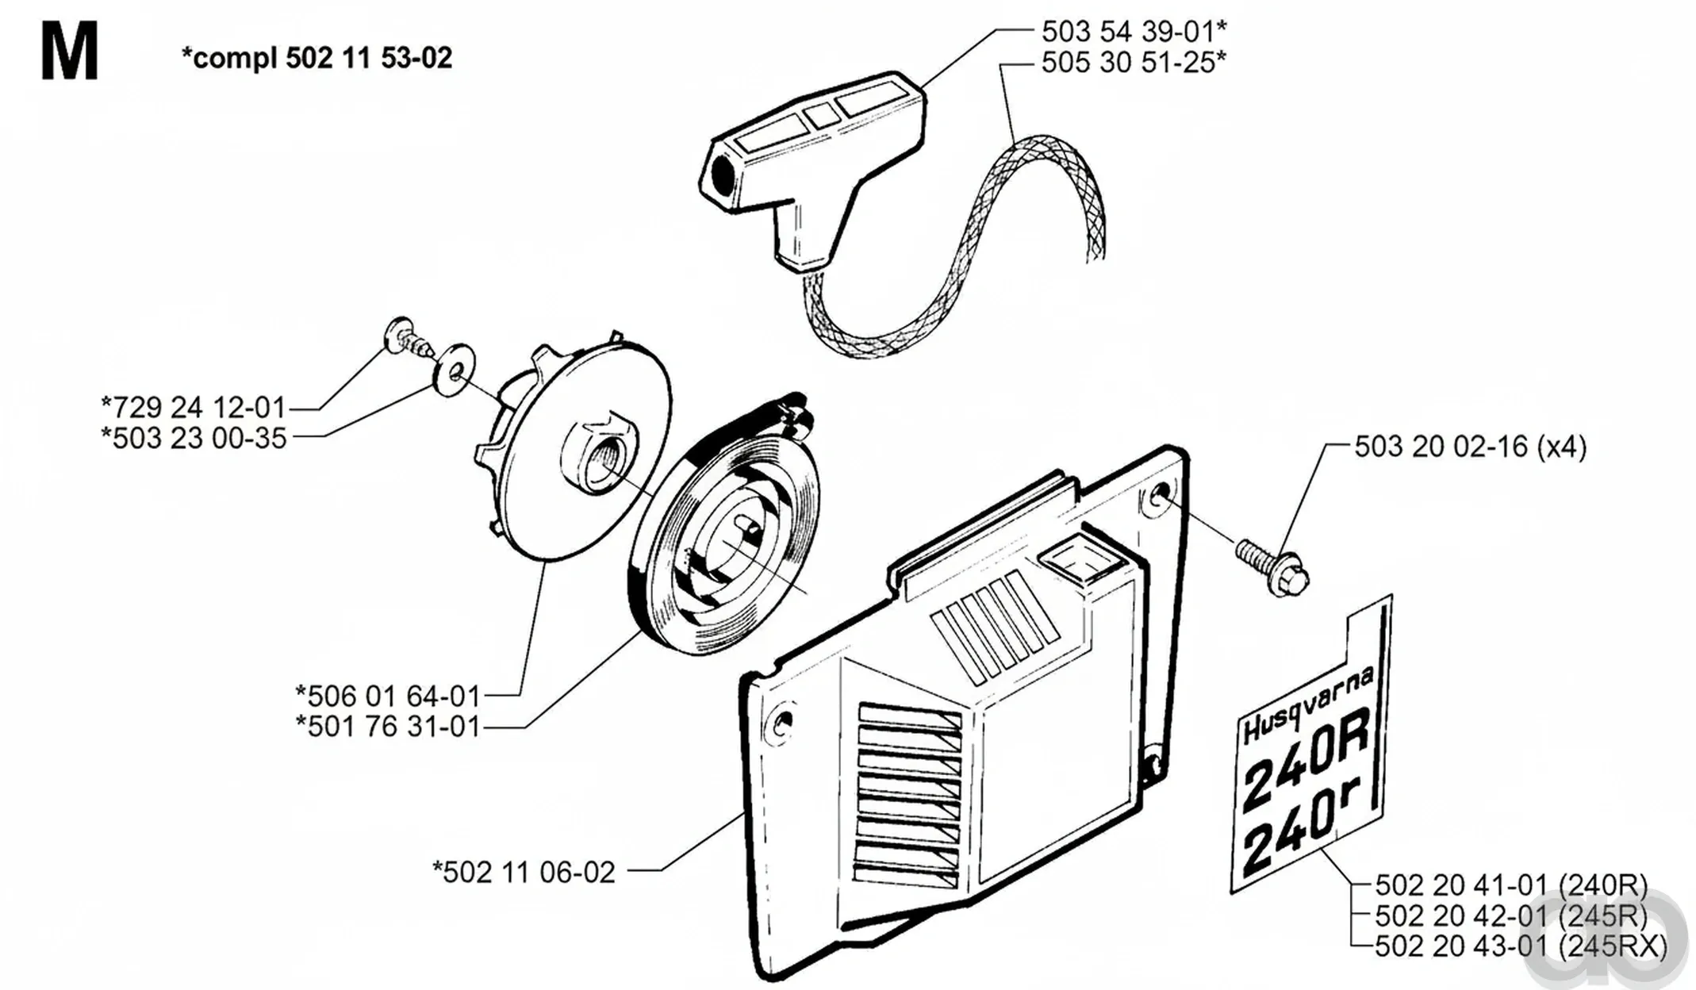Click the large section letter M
tap(70, 52)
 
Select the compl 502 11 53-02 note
tap(317, 58)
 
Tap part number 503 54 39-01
tap(1134, 32)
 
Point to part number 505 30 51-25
tap(1134, 62)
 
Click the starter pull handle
tap(817, 159)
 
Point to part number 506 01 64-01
tap(388, 696)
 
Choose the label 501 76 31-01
tap(388, 727)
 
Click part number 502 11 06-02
tap(524, 873)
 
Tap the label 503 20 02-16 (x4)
tap(1470, 447)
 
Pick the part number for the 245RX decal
tap(1521, 946)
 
